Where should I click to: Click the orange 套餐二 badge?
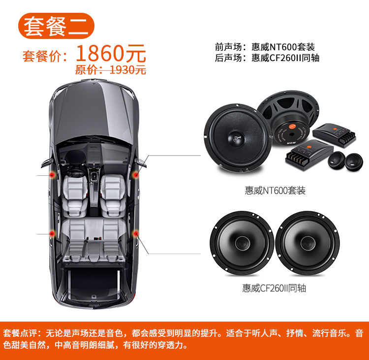click(56, 26)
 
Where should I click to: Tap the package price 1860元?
click(111, 54)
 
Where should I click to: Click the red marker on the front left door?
click(52, 175)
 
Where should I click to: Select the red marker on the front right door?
click(136, 175)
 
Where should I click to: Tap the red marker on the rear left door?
click(52, 234)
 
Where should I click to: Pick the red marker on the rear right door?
click(136, 234)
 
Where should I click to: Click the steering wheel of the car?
click(75, 173)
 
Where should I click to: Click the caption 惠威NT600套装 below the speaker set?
click(275, 191)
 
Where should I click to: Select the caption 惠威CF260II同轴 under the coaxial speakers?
click(274, 288)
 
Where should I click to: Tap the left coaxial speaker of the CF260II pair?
click(242, 243)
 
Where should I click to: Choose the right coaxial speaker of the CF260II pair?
click(307, 243)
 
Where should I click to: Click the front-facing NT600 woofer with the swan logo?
click(238, 137)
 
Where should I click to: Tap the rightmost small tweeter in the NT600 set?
click(354, 162)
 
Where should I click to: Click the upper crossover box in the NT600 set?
click(334, 135)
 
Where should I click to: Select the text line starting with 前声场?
click(265, 47)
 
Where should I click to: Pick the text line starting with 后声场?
click(267, 58)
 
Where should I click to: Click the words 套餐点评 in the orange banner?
click(20, 333)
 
